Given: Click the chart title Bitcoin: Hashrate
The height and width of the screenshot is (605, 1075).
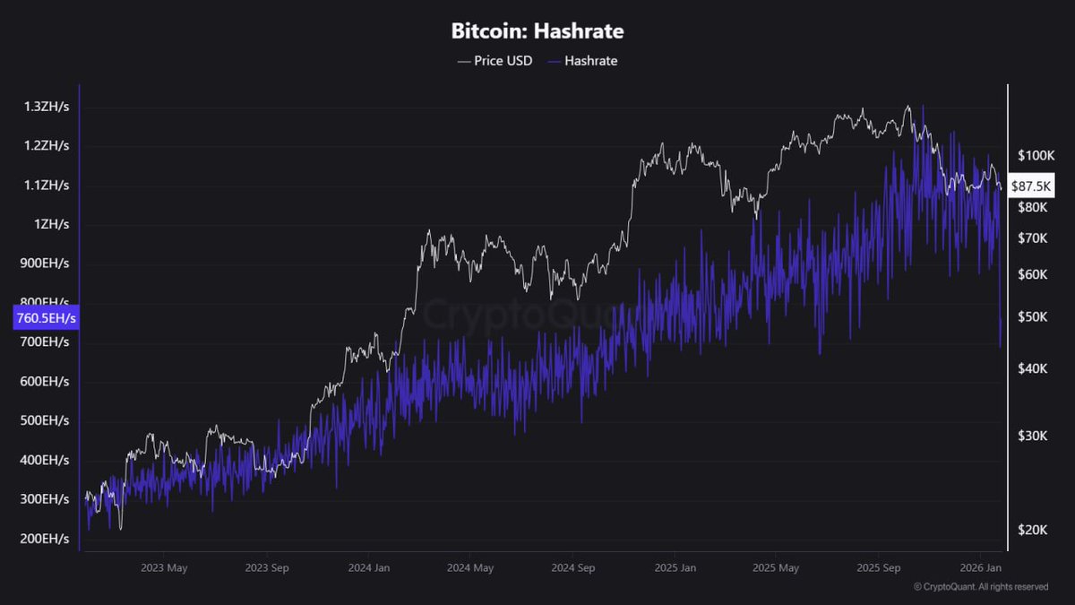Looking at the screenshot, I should (537, 30).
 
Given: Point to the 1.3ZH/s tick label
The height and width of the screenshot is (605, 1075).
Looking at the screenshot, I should (47, 107).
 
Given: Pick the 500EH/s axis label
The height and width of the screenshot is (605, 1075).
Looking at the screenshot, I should (44, 420).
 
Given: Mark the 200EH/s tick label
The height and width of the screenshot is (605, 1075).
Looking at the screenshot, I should (44, 538).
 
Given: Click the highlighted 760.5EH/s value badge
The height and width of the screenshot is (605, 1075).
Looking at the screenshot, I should (46, 317).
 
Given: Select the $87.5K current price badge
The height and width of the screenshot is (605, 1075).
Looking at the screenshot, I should (1031, 186).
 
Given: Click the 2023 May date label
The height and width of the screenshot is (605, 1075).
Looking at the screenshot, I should (165, 567).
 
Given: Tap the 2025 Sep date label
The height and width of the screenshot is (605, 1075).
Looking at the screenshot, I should (879, 567).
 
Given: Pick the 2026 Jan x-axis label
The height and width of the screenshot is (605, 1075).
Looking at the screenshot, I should (982, 567).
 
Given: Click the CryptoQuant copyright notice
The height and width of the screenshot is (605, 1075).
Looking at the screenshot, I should (981, 587).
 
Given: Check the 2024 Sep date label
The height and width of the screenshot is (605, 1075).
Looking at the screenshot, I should (573, 567).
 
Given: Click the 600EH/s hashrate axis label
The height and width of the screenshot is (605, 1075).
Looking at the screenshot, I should (44, 381).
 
